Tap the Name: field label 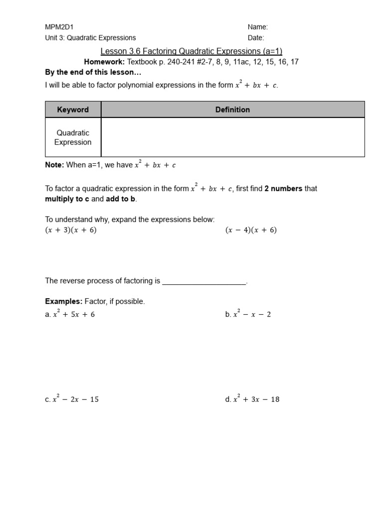point(258,27)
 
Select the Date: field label point(256,38)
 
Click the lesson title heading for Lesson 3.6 point(191,51)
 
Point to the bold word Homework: point(104,62)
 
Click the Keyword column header point(73,110)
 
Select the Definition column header point(232,110)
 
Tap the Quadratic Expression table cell point(73,137)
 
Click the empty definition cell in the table point(232,137)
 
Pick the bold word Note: point(54,165)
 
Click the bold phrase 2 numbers point(283,189)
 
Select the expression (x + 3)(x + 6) point(71,230)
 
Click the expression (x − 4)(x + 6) point(251,230)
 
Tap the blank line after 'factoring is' point(204,281)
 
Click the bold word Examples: point(64,302)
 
